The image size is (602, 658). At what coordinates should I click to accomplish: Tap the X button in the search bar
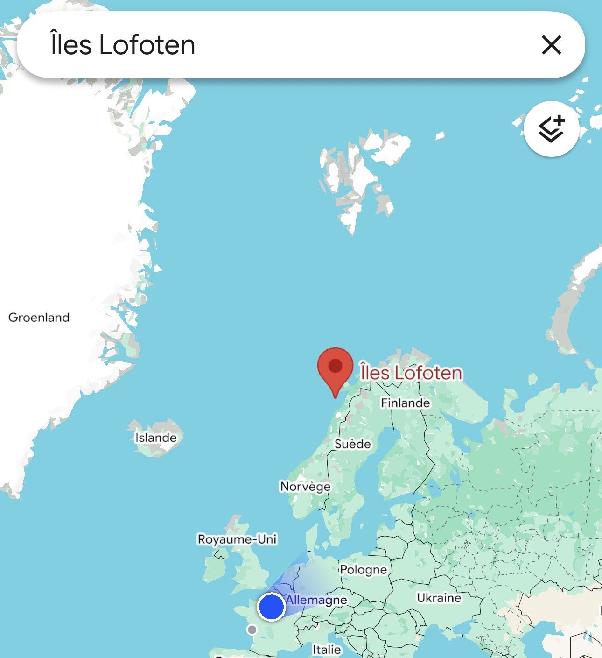[551, 45]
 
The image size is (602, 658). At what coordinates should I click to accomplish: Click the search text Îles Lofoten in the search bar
[123, 45]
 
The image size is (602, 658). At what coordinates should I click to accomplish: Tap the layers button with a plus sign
[552, 129]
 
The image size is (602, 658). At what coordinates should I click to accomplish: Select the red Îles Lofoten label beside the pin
[411, 373]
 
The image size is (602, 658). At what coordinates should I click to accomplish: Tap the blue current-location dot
[271, 607]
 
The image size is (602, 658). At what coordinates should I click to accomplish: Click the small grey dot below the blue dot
[252, 630]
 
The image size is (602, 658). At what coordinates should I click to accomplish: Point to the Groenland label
[39, 318]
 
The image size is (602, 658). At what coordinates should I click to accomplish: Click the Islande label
[156, 438]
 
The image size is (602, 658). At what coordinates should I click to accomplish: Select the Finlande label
[405, 403]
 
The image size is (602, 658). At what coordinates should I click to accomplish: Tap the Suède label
[352, 444]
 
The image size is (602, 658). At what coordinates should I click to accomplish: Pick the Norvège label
[305, 486]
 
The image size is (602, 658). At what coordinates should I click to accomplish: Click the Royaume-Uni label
[237, 539]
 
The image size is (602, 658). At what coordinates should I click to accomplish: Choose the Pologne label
[363, 569]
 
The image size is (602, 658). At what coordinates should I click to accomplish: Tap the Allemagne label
[316, 600]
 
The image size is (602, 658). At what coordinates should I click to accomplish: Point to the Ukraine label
[439, 598]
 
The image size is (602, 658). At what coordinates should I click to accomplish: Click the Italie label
[327, 649]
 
